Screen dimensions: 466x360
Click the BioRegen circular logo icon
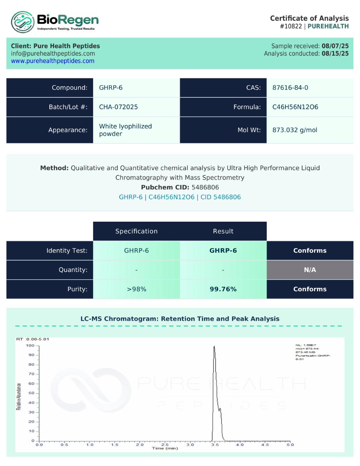[23, 22]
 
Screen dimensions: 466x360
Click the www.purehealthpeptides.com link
[53, 61]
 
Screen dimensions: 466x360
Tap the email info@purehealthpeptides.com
[53, 54]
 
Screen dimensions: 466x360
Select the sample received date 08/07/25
[335, 46]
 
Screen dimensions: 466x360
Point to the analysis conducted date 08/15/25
[335, 54]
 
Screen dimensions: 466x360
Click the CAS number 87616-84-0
[290, 88]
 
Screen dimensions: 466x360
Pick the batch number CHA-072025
[118, 107]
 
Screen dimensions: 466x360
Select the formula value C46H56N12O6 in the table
[295, 107]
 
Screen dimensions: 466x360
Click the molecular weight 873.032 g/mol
[295, 130]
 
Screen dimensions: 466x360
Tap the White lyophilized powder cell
[125, 130]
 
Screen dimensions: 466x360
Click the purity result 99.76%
[223, 289]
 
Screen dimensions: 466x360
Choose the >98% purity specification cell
[136, 289]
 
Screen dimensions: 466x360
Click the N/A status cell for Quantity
[310, 270]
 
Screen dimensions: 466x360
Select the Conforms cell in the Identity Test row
[310, 250]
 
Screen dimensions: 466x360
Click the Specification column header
[136, 231]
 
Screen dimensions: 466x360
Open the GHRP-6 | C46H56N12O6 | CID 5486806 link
[180, 197]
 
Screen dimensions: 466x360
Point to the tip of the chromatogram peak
[214, 346]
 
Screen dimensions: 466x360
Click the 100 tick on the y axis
[30, 346]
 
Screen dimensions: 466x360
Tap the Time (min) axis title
[165, 448]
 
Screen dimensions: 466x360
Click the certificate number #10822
[291, 26]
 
